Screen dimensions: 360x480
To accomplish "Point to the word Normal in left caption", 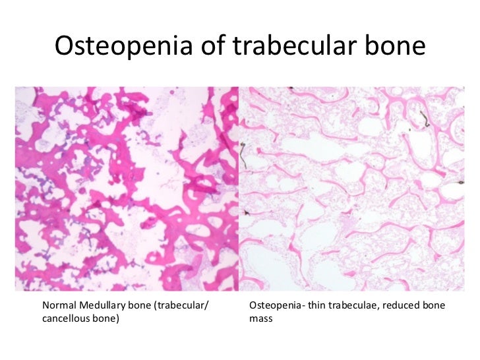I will click(x=59, y=306).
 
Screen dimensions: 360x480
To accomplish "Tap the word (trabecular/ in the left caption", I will click(x=191, y=306).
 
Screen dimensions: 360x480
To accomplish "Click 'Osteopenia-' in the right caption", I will click(x=276, y=306).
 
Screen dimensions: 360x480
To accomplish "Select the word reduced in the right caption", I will click(x=401, y=306).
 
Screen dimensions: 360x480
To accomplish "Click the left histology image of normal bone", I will click(x=127, y=189).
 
